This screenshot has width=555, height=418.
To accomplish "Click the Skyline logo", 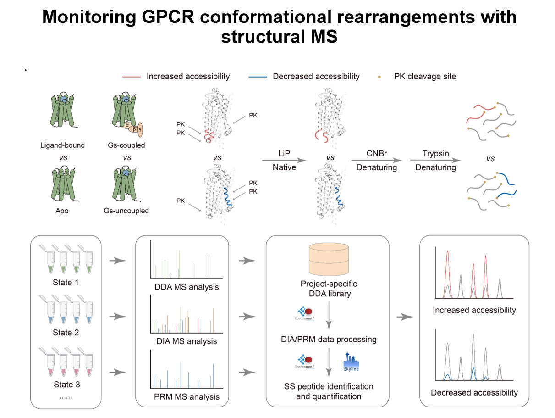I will coord(351,362).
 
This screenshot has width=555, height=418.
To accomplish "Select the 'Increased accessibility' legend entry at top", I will coord(188,77).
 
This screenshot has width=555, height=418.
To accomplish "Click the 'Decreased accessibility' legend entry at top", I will coord(316,77).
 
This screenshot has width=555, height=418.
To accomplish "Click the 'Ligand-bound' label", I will coord(62,145).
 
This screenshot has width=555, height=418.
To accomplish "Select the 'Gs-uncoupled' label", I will coord(126,211).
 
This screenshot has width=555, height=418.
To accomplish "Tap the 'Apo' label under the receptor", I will coord(62,211).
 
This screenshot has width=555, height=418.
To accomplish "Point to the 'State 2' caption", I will coord(66,332).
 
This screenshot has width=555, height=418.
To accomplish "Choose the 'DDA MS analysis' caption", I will coord(187,287).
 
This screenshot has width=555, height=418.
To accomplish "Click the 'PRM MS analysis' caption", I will coord(187,396).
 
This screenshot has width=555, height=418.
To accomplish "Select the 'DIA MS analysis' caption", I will coord(187,341).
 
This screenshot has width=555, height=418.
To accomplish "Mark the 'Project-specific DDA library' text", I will coord(328,289).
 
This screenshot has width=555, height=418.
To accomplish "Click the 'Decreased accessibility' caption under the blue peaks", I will coord(474,392).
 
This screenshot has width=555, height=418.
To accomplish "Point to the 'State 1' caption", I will coord(66,282).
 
